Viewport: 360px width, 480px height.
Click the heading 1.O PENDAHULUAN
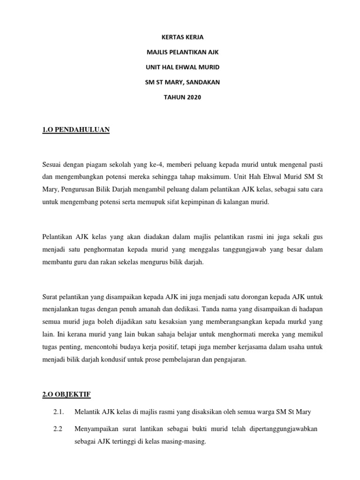[76, 129]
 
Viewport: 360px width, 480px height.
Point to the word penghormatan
[106, 249]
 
